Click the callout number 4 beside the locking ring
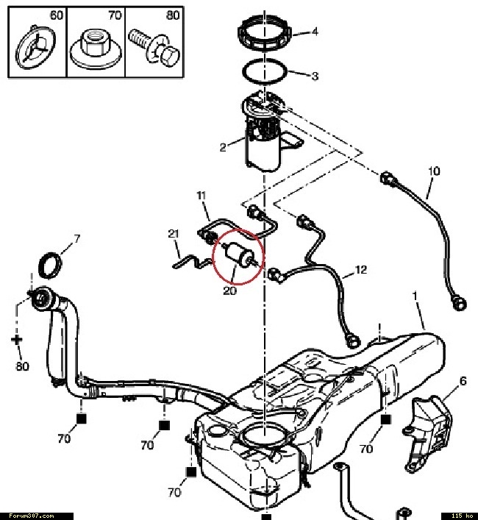[x=314, y=32]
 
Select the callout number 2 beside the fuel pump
[x=223, y=147]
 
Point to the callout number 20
[x=229, y=291]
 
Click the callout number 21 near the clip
[x=174, y=234]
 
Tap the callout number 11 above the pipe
[x=201, y=196]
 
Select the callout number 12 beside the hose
[x=361, y=270]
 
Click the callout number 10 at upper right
[x=434, y=171]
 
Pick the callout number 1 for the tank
[x=414, y=296]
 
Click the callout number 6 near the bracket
[x=463, y=381]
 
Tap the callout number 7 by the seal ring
[x=77, y=239]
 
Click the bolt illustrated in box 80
[x=154, y=48]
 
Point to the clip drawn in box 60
[x=35, y=47]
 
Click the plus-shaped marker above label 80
[x=17, y=340]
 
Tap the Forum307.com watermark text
[x=31, y=516]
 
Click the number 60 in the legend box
[x=57, y=15]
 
